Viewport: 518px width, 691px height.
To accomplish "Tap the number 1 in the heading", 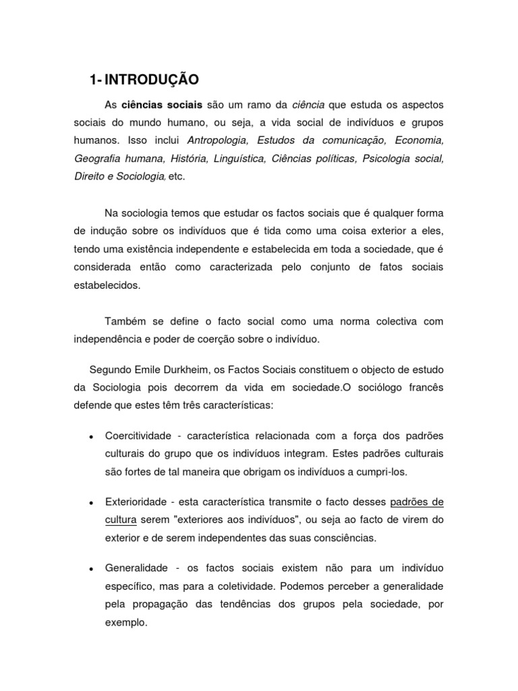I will point(92,80).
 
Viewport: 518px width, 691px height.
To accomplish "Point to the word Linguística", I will point(241,159).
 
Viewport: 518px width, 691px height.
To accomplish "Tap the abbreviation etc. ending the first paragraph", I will point(176,176).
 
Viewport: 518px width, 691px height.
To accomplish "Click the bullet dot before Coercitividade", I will point(90,437).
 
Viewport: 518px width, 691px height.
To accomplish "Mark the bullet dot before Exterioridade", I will point(90,504).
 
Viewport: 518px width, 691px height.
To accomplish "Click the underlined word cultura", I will point(121,520).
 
